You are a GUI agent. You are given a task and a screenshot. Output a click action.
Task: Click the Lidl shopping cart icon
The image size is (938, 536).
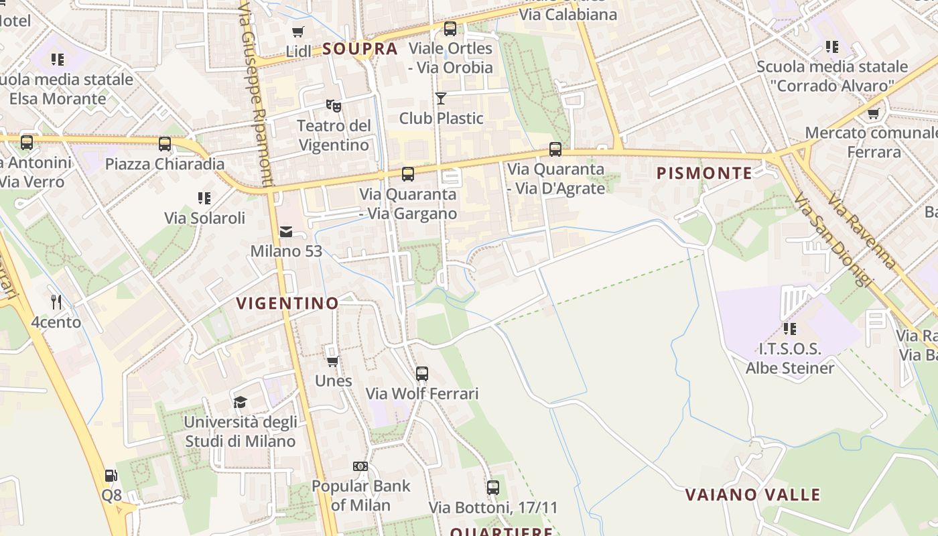pos(298,31)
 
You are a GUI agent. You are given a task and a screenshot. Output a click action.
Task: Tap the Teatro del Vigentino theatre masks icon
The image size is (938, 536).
pos(333,105)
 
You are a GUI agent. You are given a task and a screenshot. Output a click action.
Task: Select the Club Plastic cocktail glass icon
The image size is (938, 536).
pos(440,98)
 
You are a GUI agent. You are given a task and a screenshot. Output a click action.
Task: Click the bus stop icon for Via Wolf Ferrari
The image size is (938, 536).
pos(421,374)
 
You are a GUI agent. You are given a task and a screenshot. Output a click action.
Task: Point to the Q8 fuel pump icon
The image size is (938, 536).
pos(111,476)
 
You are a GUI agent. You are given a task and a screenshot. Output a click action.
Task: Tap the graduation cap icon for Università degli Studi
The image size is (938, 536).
pos(240,402)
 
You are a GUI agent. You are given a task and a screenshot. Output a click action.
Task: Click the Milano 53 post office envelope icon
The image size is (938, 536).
pos(286,232)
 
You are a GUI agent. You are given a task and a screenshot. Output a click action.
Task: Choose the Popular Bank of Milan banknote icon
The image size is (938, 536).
pos(360,466)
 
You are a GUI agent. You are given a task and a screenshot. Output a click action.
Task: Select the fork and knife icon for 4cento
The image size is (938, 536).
pos(56,302)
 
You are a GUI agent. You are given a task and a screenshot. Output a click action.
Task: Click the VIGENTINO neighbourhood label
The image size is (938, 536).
pos(287,304)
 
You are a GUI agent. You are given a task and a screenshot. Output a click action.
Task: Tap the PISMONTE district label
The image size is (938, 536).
pos(704,174)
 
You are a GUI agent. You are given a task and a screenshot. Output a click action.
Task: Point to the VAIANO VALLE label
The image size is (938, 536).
pos(752,495)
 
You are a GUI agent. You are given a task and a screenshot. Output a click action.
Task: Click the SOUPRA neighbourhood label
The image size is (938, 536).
pos(360,49)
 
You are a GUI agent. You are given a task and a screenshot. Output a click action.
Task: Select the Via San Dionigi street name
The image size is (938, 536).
pos(830,239)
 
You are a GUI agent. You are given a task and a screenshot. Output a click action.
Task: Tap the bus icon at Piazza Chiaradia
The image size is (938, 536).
pos(165,143)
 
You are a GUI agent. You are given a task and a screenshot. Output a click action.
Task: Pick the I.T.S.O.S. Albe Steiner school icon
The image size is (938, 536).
pos(790,328)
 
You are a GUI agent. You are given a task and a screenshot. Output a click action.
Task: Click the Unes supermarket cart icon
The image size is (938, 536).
pos(332,361)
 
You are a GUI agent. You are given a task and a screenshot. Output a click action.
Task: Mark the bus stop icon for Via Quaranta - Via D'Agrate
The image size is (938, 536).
pos(555,149)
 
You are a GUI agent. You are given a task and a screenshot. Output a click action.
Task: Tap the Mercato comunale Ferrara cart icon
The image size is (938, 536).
pos(873,113)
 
